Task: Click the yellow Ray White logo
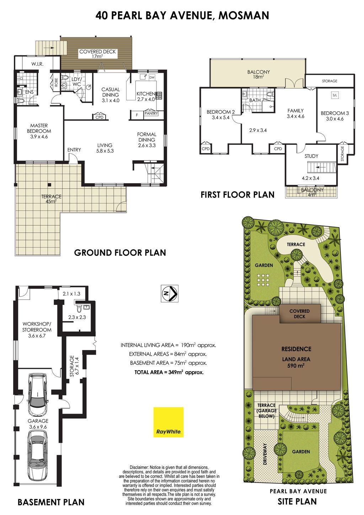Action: click(x=168, y=422)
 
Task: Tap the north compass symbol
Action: click(x=169, y=293)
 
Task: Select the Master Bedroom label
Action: click(x=39, y=131)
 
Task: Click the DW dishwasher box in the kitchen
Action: click(x=152, y=78)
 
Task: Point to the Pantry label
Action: click(x=151, y=113)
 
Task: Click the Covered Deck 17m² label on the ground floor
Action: click(x=97, y=54)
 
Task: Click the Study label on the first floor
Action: click(x=311, y=156)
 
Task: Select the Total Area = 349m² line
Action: click(x=169, y=372)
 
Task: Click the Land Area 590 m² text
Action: click(x=296, y=362)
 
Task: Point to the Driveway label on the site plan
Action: click(x=265, y=454)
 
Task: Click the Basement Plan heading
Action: click(x=51, y=502)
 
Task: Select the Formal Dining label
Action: click(x=146, y=140)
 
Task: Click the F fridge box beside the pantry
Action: click(x=137, y=115)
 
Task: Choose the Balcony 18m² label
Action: click(x=258, y=74)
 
